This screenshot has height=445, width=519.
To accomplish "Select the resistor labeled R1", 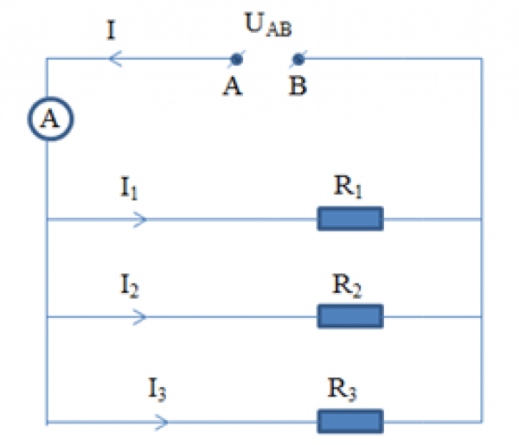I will (350, 219).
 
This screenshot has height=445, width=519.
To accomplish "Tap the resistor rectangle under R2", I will (350, 316).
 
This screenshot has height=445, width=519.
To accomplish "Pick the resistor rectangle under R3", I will (350, 422).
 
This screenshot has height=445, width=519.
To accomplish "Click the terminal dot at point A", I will (234, 60).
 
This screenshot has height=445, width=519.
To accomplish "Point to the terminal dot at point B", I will (298, 60).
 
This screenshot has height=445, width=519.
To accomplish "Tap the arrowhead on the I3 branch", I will (161, 423).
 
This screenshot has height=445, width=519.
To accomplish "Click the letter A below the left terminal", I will (232, 88).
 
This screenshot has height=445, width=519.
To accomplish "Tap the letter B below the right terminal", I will (298, 88).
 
